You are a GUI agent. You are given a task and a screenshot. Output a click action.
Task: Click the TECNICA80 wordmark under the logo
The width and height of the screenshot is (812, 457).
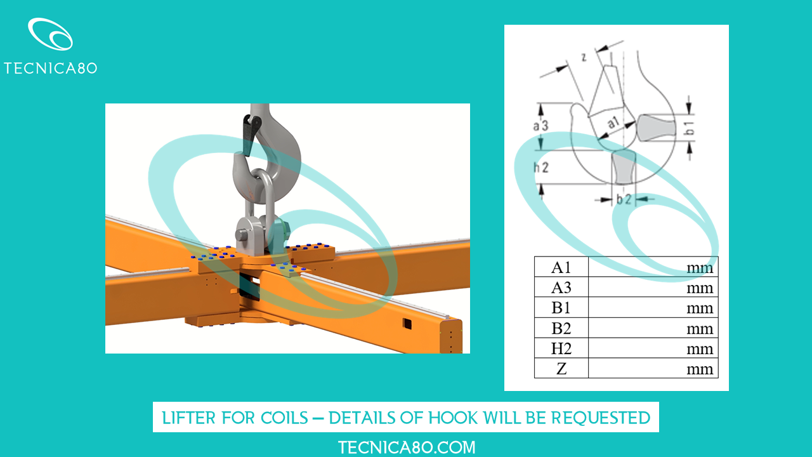[50, 68]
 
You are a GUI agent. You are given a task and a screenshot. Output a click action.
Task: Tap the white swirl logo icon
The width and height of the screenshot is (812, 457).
[50, 34]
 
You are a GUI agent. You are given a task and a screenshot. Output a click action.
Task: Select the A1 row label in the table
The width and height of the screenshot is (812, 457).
[561, 268]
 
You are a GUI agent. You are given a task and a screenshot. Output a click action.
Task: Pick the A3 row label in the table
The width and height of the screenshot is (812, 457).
[561, 288]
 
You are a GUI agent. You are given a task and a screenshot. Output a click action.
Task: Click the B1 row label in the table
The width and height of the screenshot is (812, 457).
[561, 308]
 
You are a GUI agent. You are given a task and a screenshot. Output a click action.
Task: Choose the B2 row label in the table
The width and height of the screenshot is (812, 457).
[561, 328]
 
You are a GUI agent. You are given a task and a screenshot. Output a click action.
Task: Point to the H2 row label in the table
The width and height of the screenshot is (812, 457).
[561, 348]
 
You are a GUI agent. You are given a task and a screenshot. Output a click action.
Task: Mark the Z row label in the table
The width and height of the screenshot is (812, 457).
[561, 369]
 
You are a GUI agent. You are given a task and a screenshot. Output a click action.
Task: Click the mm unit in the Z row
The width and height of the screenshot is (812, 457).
[700, 369]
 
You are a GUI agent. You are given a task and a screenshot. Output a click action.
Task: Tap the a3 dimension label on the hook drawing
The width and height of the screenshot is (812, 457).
[540, 126]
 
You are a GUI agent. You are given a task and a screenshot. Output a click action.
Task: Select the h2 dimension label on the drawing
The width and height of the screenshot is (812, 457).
[541, 168]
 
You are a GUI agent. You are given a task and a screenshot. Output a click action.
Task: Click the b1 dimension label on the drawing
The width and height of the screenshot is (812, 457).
[690, 128]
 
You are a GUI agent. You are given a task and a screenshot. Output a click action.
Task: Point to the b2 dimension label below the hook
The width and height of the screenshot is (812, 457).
[624, 199]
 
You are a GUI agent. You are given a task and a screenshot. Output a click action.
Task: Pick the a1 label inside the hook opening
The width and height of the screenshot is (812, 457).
[613, 123]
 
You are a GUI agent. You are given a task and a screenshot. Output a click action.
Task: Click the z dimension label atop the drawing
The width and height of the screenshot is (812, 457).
[584, 57]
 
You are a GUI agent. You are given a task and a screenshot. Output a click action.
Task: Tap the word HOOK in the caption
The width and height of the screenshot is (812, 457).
[452, 418]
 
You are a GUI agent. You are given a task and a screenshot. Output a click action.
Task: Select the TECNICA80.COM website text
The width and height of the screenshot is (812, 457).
[407, 447]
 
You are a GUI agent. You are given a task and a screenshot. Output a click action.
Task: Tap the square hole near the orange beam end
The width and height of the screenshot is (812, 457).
[407, 324]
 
